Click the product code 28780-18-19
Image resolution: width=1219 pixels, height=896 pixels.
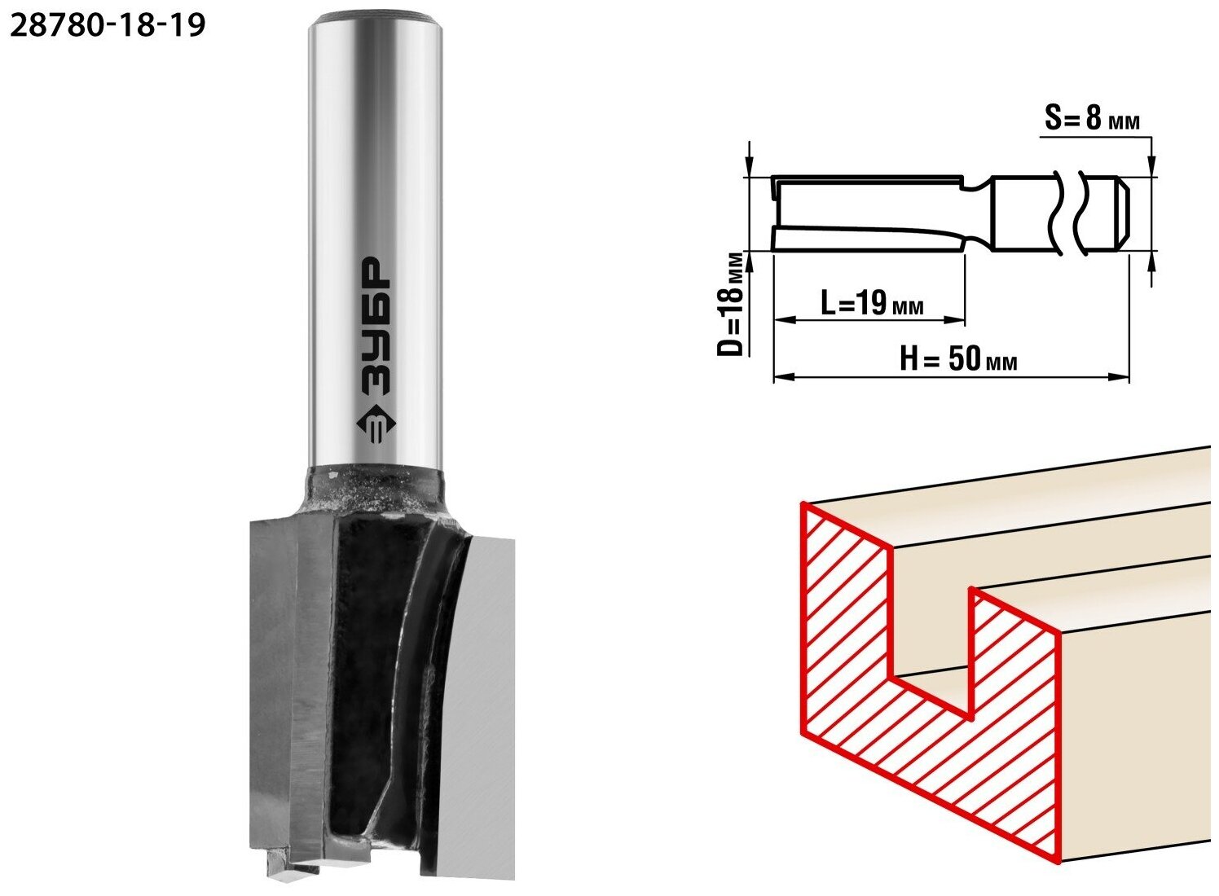point(108,25)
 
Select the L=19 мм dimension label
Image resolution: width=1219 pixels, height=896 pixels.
point(872,304)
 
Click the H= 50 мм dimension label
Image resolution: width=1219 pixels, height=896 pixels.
point(957,359)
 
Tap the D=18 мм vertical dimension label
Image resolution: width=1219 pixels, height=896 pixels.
point(730,304)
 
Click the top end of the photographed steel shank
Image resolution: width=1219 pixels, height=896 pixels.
point(376,22)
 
